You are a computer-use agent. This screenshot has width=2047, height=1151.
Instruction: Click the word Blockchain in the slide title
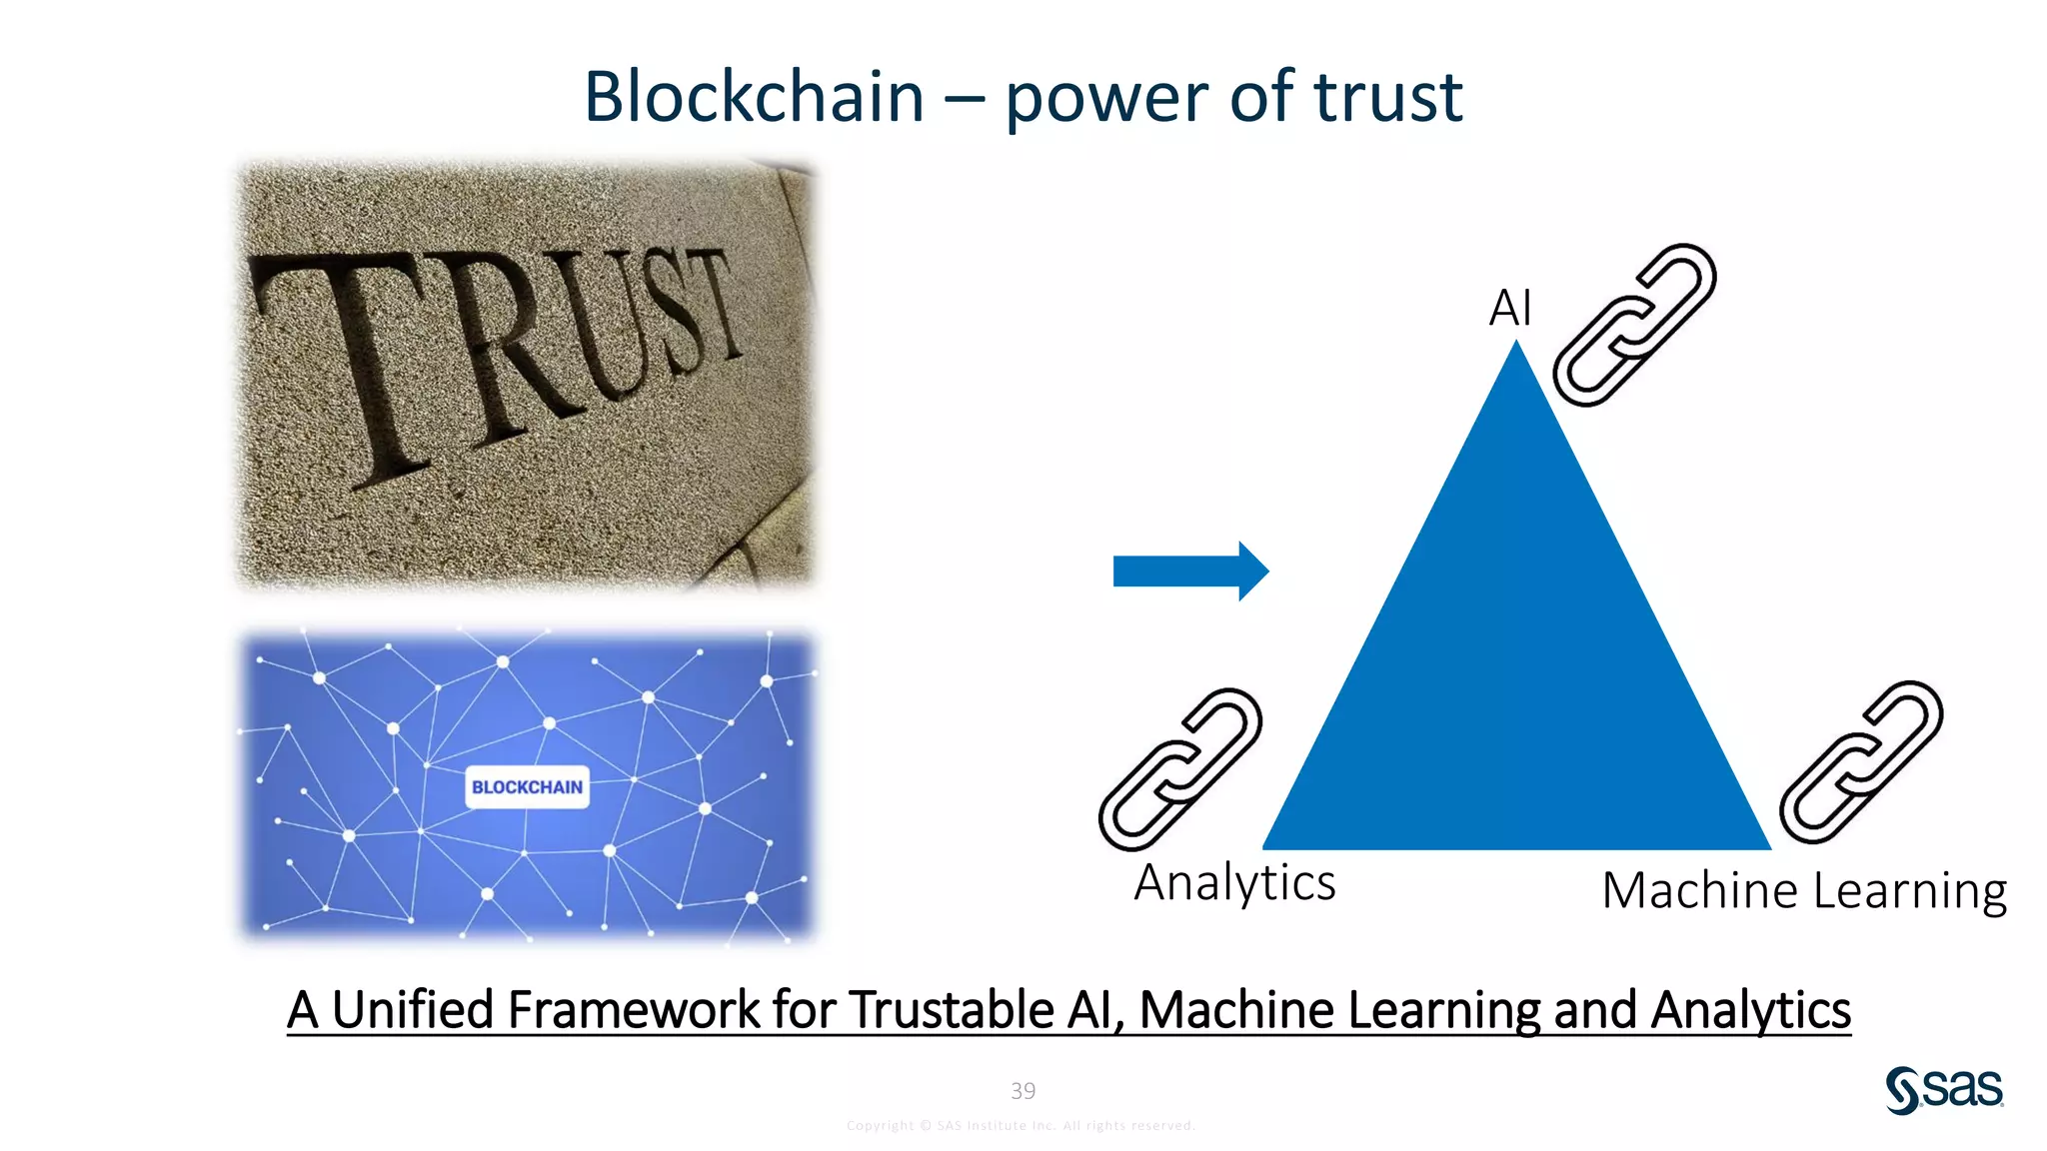pos(754,97)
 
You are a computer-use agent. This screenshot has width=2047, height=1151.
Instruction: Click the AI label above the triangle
pos(1509,308)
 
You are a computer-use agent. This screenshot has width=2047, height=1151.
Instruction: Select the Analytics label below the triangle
pos(1234,883)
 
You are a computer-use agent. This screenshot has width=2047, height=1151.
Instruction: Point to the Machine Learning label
pos(1804,890)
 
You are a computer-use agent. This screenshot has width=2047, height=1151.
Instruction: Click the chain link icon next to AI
pos(1634,325)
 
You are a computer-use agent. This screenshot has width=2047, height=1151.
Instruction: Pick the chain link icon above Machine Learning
pos(1861,762)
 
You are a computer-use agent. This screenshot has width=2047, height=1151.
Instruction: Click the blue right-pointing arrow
pos(1189,572)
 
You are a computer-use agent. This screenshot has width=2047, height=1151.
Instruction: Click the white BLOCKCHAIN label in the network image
pos(527,787)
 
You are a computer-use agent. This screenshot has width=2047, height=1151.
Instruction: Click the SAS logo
pos(1944,1089)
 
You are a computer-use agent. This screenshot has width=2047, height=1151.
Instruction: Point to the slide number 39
pos(1023,1091)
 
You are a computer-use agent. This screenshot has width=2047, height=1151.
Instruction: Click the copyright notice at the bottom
pos(1021,1126)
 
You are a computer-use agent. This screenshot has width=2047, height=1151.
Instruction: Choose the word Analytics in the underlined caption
pos(1750,1010)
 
